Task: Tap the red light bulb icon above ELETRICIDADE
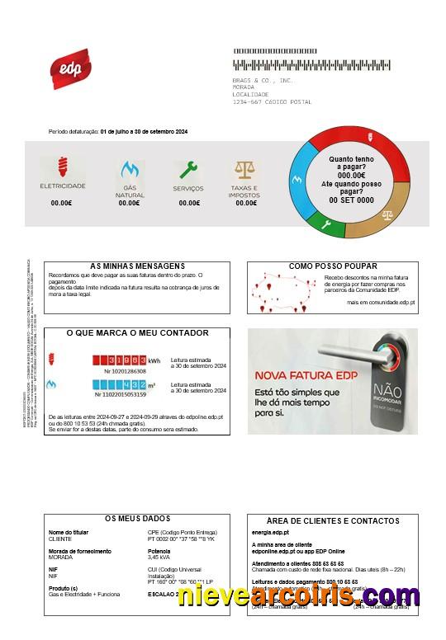[x=62, y=168]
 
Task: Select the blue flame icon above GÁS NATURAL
[x=129, y=171]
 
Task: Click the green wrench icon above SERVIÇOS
[x=189, y=170]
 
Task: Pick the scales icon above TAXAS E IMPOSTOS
[x=245, y=170]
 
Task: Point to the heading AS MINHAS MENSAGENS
[x=137, y=266]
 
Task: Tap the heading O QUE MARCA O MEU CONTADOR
[x=137, y=333]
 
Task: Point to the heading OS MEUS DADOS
[x=137, y=518]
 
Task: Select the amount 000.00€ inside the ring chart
[x=351, y=175]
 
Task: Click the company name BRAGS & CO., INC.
[x=263, y=80]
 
